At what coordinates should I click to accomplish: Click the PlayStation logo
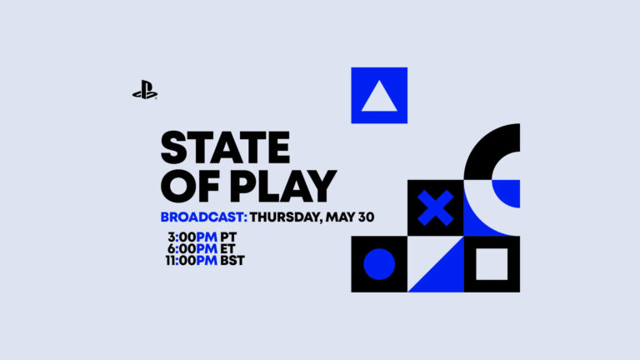pos(145,90)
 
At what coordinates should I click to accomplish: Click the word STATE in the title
pos(224,147)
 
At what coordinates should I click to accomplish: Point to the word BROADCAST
pos(202,217)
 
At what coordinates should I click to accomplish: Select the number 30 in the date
pos(365,217)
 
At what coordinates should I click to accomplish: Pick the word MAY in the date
pos(339,217)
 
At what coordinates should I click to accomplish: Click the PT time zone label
pos(228,236)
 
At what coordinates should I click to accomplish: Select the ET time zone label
pos(228,248)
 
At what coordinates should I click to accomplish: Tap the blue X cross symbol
pos(435,207)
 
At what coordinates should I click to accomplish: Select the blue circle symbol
pos(379,264)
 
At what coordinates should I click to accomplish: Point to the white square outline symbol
pos(492,264)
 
